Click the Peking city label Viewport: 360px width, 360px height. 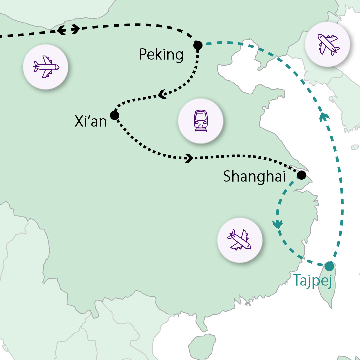coord(161,55)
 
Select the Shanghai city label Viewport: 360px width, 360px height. coord(254,176)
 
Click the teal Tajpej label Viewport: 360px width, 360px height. coord(313,281)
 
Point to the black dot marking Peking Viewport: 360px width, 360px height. coord(198,45)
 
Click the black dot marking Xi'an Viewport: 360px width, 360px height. coord(115,115)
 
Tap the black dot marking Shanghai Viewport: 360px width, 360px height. coord(302,175)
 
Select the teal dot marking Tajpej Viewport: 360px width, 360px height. coord(329,266)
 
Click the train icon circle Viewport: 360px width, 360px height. coord(201,121)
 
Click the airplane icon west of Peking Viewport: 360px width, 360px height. coord(46,67)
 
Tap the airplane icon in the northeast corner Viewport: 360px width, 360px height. coord(328,44)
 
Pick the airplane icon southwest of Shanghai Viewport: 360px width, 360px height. coord(240,240)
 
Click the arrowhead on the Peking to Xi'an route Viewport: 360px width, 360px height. coord(162,94)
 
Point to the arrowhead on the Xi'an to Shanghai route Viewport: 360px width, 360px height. coord(189,158)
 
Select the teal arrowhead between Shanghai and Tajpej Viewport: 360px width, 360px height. coord(278,224)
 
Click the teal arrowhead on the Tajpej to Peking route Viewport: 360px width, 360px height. coord(324,117)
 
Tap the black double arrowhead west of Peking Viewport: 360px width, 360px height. coord(68,29)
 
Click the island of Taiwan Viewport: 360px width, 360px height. coord(327,285)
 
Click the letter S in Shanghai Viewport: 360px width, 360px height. coord(227,176)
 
